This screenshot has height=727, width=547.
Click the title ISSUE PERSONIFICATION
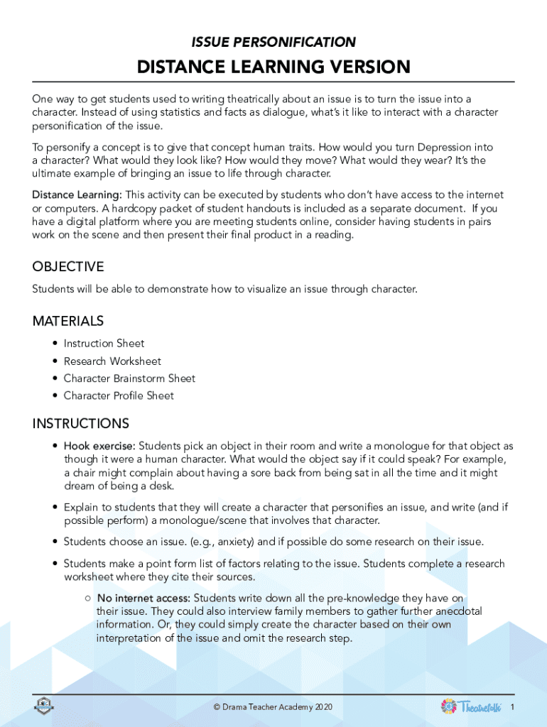tap(273, 43)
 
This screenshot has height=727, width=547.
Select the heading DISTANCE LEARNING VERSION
tap(273, 67)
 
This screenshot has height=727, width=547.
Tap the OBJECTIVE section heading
tap(68, 267)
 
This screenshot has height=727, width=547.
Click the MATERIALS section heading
tap(68, 321)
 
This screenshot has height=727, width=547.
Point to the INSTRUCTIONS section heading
tap(81, 424)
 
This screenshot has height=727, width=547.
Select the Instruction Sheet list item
tap(104, 344)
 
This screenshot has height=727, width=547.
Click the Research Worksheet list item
tap(112, 361)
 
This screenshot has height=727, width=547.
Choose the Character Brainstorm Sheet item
tap(129, 378)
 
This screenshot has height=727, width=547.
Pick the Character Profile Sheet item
tap(119, 395)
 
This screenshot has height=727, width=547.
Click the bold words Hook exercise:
tap(99, 447)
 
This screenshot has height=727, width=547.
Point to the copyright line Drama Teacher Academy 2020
tap(273, 707)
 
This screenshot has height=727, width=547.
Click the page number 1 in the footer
tap(512, 706)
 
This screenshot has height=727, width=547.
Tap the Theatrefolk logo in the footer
tap(471, 706)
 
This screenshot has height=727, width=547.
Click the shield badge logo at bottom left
tap(44, 705)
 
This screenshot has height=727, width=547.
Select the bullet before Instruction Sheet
tap(55, 344)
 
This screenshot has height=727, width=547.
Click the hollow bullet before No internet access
tap(86, 598)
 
